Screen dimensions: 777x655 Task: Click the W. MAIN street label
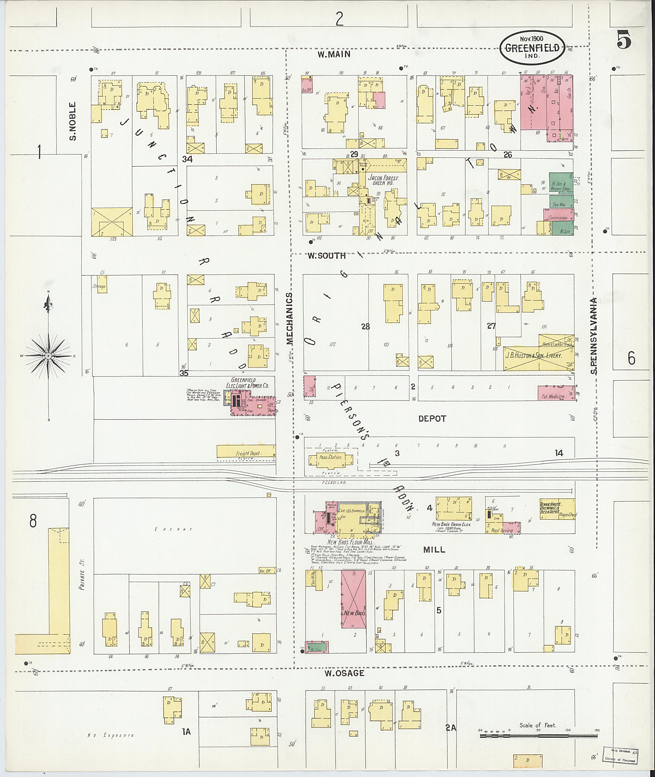(x=334, y=54)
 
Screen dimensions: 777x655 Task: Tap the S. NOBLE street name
(x=73, y=121)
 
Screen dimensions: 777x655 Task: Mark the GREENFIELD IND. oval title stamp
(x=533, y=48)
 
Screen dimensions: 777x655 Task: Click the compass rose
(x=48, y=355)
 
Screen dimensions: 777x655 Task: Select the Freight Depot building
(x=246, y=451)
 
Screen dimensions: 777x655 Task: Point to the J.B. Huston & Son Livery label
(x=533, y=355)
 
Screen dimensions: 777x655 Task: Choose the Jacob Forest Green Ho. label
(x=383, y=180)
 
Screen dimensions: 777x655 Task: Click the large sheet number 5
(x=624, y=40)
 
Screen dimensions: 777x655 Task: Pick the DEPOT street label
(x=432, y=419)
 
